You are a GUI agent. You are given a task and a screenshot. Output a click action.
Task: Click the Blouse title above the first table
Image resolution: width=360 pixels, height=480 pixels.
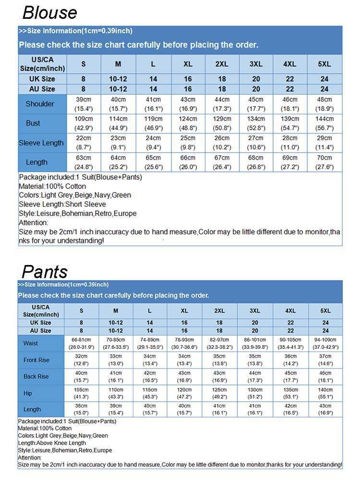tap(49, 12)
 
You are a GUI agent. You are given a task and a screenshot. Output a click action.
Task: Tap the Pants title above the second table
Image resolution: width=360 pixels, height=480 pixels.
tap(45, 271)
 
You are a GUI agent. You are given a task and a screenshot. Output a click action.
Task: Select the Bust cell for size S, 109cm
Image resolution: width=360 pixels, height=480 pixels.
tap(84, 123)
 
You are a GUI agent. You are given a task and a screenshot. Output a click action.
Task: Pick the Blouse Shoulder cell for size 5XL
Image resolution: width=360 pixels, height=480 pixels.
tap(324, 104)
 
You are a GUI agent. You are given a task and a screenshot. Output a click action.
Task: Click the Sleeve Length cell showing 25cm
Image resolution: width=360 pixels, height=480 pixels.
tap(188, 143)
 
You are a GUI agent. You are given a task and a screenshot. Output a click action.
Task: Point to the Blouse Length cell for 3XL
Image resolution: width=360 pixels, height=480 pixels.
tap(256, 162)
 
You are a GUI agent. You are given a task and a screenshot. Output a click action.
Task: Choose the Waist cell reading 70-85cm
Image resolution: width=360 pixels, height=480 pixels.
tap(116, 343)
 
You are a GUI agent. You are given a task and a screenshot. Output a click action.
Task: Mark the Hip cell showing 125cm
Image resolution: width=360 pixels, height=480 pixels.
tap(219, 393)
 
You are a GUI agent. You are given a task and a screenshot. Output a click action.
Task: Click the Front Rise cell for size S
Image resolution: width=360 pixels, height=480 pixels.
tap(81, 360)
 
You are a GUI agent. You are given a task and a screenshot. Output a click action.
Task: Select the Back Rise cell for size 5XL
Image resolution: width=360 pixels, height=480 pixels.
tap(325, 376)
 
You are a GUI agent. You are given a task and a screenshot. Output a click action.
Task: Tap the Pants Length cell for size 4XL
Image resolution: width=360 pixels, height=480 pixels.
tap(290, 409)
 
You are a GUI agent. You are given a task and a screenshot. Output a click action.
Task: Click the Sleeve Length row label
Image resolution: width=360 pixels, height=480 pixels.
tap(41, 143)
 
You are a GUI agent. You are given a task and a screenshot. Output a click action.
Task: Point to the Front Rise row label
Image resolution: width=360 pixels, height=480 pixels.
tap(36, 360)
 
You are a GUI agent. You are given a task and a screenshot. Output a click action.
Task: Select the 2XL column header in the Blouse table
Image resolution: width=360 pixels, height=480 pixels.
tap(222, 64)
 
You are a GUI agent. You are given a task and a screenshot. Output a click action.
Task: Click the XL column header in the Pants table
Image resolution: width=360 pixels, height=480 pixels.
tap(184, 311)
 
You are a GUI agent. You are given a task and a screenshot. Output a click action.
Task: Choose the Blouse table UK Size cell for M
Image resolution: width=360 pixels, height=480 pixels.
tap(118, 79)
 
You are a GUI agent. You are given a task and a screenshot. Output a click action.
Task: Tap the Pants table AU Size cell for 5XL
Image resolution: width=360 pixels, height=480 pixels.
tap(325, 331)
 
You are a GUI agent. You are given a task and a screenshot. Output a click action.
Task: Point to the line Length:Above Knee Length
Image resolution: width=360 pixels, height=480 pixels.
tap(52, 443)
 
